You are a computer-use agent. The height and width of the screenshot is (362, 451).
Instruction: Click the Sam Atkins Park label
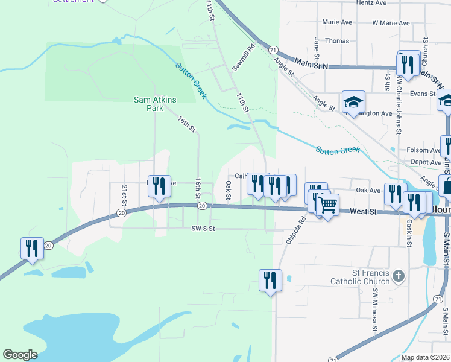(148, 104)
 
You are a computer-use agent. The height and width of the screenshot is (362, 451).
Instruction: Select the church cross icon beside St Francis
(397, 276)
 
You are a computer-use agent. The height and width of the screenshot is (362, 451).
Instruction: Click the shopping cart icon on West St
(327, 205)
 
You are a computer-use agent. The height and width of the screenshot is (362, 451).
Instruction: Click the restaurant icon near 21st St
(159, 186)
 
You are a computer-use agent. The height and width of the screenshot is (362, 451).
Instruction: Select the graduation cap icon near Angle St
(353, 102)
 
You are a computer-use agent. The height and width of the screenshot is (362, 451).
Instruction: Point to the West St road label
(364, 212)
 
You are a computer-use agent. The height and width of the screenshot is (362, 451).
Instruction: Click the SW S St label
(203, 229)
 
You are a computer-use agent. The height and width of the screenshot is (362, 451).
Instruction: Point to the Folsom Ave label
(423, 150)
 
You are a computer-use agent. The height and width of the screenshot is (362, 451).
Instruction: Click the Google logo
(20, 355)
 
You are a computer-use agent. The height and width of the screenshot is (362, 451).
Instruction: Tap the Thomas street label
(337, 41)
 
